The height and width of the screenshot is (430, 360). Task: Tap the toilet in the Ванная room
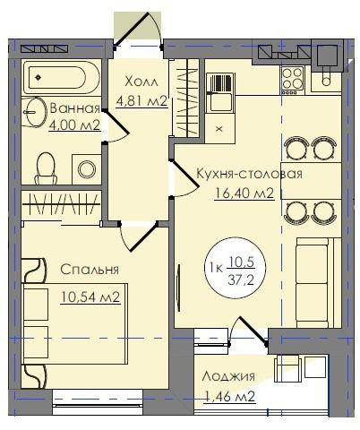point(46,168)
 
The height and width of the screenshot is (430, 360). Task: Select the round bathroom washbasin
point(35,112)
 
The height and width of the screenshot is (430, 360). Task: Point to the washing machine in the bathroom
point(87,169)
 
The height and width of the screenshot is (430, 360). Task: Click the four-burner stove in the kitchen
point(293,80)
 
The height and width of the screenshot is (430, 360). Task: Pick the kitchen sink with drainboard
point(221,92)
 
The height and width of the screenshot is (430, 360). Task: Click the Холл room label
point(141,82)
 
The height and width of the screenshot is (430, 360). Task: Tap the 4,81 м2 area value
point(141,101)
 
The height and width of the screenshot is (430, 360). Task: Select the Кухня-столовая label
point(249,174)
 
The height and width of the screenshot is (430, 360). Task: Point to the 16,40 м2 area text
point(244,193)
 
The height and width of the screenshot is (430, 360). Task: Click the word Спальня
point(90,270)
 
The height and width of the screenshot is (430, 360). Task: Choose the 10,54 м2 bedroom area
point(90,297)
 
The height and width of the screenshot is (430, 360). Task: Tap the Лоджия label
point(228,377)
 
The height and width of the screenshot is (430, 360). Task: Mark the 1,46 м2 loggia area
point(230,397)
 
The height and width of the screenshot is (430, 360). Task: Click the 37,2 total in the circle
point(241,280)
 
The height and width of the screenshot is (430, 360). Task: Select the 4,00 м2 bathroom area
point(74,125)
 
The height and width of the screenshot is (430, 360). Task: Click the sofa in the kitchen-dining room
point(318,283)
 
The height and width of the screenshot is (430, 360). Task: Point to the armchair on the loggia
point(287,368)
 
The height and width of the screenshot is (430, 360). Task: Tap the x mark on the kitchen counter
point(219,129)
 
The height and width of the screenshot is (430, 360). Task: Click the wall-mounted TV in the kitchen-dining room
point(178,288)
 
